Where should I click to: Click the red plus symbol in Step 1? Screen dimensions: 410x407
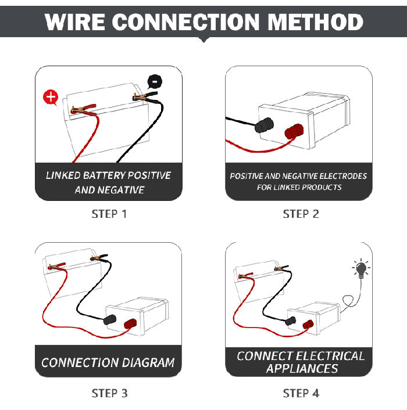[51, 98]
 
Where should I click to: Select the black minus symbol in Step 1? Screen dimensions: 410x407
[153, 81]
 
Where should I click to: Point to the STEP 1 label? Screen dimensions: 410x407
[109, 214]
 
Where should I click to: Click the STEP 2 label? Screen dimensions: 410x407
[301, 214]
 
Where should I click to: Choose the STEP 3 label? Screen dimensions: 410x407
[109, 393]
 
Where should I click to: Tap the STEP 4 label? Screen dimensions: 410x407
[301, 393]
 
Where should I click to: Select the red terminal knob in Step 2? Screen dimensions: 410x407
[295, 132]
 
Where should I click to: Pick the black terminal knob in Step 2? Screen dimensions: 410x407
[267, 125]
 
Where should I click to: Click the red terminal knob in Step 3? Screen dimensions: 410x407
[129, 323]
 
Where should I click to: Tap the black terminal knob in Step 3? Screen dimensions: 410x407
[110, 319]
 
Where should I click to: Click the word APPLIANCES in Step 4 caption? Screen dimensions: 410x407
[302, 368]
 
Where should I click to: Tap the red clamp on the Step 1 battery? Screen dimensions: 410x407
[81, 109]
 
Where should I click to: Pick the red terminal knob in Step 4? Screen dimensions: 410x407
[307, 323]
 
